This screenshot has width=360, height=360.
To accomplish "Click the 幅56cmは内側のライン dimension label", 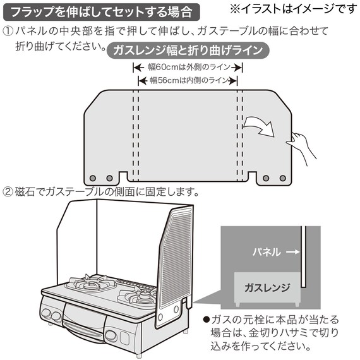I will coord(188,80).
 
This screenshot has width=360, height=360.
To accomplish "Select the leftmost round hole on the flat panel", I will coord(93,178).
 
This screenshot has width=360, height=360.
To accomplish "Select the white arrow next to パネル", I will coord(290,251).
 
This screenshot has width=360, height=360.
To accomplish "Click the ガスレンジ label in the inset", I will coord(267,288).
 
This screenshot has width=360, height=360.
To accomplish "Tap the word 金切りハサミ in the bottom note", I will coord(282,333).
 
